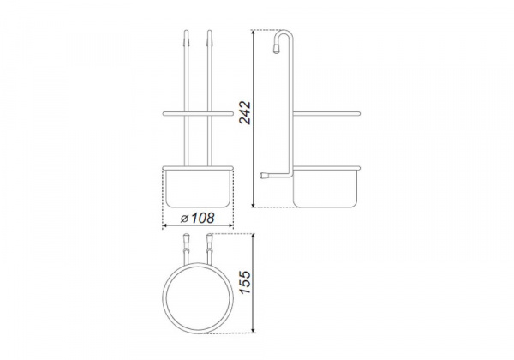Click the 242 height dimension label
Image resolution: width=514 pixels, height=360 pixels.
coord(245,113)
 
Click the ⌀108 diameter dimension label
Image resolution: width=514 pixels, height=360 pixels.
coord(198,218)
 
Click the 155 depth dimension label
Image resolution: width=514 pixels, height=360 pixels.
coord(245,282)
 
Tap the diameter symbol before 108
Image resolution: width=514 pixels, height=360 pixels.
coord(184,219)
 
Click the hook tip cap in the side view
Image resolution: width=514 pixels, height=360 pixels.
coord(277,49)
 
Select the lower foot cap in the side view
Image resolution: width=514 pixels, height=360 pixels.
coord(264,176)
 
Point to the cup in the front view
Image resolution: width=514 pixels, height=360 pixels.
coord(198,189)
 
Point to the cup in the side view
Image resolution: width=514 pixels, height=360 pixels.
coord(326,189)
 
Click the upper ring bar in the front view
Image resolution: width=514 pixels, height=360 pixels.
coord(198,114)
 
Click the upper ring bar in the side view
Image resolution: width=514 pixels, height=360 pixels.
coord(326,114)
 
